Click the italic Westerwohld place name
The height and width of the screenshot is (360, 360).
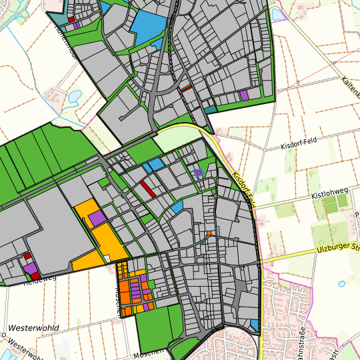[35, 329]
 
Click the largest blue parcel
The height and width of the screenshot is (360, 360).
[147, 27]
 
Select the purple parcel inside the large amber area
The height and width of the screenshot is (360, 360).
[97, 217]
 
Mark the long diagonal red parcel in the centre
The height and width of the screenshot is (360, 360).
[147, 189]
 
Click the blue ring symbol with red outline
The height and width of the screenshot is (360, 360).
[198, 173]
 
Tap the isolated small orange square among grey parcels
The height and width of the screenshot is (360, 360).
[209, 233]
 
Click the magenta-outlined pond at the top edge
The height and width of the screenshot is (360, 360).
[277, 11]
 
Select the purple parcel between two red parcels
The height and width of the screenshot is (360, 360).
[30, 268]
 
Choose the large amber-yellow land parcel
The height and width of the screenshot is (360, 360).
[100, 237]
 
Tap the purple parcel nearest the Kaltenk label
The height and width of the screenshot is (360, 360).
[244, 95]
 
